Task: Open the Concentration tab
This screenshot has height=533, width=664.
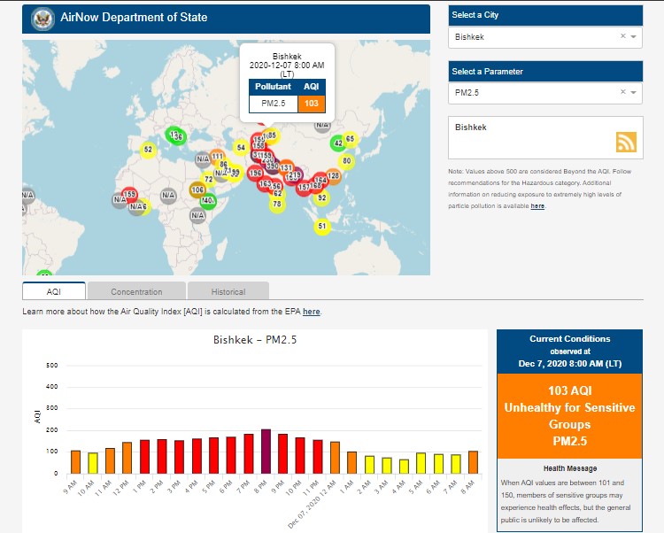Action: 136,291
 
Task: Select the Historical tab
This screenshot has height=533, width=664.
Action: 228,291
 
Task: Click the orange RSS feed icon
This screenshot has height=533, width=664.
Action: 627,143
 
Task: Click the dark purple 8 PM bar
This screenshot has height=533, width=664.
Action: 265,452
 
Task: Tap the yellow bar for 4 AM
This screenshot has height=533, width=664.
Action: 404,466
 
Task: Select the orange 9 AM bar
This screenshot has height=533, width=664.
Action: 75,461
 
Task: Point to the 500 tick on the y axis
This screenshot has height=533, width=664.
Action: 51,366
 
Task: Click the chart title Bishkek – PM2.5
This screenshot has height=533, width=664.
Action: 255,340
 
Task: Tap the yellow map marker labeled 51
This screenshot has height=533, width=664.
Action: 322,227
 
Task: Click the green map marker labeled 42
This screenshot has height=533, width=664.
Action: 338,143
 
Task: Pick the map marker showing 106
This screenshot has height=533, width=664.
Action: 197,190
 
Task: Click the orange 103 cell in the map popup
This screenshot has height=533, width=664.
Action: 311,104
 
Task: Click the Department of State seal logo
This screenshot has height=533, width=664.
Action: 42,19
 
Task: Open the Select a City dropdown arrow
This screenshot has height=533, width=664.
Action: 634,37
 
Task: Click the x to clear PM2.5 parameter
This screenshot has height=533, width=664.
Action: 622,92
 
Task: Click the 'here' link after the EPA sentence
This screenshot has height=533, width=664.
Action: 312,312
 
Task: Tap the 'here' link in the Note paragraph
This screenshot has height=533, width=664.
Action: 537,205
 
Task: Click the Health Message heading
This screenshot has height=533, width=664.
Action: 569,468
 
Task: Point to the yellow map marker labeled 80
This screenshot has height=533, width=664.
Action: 347,161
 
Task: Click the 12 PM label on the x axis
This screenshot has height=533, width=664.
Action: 125,486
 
